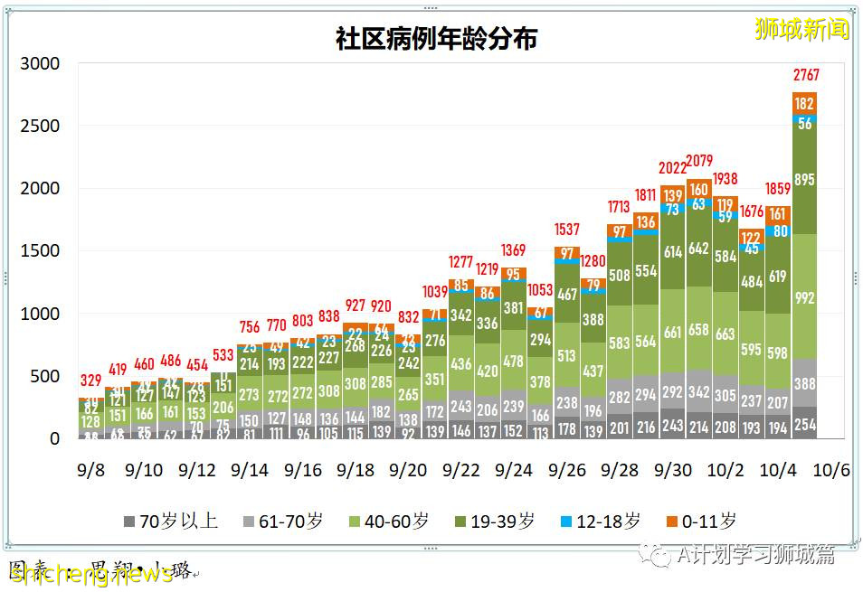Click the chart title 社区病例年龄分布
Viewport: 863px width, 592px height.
436,40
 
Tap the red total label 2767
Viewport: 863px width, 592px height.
806,74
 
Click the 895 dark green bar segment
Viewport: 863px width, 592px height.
805,180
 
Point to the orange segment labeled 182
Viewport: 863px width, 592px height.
805,103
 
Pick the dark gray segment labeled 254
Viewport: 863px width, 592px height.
805,424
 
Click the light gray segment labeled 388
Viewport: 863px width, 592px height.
805,383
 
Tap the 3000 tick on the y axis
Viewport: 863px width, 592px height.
41,64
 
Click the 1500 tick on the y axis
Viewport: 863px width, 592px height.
41,251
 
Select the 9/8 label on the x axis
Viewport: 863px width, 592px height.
91,471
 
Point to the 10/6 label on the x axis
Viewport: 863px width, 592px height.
831,471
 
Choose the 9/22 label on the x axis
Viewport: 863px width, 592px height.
462,471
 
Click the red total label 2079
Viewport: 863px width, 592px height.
699,162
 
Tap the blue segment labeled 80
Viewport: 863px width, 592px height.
778,231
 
